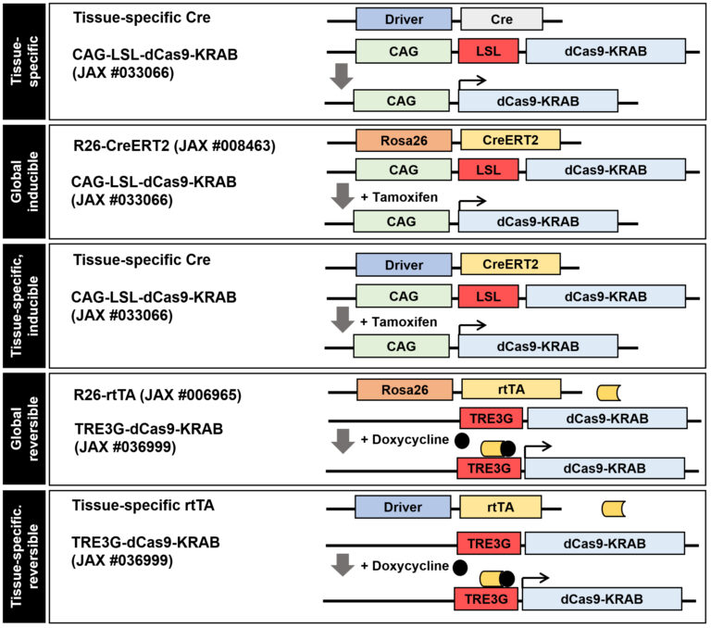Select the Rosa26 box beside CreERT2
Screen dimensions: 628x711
point(404,140)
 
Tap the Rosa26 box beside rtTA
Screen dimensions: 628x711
point(405,389)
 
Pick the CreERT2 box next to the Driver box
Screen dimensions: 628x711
point(509,266)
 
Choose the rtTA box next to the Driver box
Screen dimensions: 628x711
point(500,508)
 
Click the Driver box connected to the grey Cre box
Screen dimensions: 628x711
point(404,19)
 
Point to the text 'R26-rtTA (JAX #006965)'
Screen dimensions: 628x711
point(157,396)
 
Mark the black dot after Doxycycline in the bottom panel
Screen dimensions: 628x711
point(460,566)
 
